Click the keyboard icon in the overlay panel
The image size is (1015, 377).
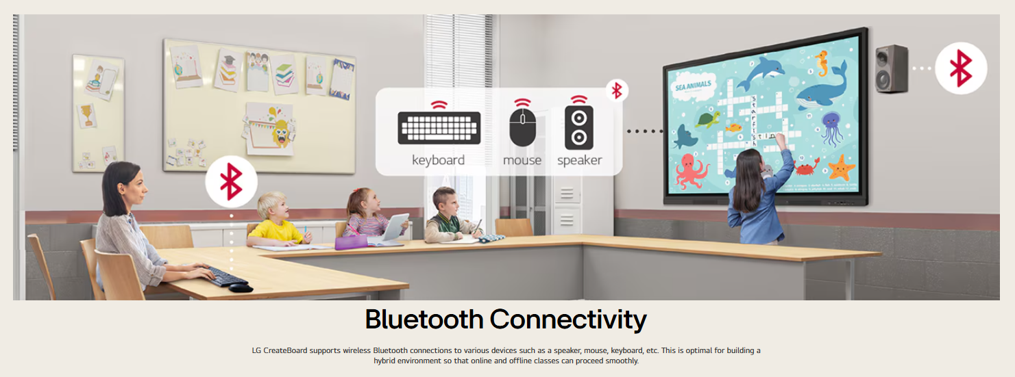[439, 128]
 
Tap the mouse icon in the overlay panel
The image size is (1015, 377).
[522, 127]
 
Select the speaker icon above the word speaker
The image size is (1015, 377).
[579, 128]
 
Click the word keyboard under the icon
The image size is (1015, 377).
[438, 160]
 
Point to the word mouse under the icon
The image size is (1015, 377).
[522, 160]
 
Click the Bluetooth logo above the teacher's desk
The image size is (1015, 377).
[231, 181]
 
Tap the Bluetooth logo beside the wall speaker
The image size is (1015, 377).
[961, 68]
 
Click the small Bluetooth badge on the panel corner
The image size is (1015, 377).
[617, 90]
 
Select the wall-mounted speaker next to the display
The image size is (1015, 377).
[891, 69]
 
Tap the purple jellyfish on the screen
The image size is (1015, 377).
[832, 128]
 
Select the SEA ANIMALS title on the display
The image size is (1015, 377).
[693, 85]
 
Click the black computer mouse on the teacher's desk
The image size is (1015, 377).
[240, 287]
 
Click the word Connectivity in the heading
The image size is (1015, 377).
[568, 320]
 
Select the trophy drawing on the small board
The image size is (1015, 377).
[86, 114]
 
